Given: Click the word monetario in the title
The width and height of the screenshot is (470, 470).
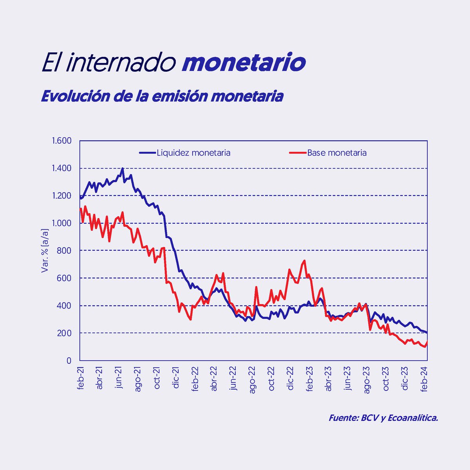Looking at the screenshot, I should [x=244, y=63].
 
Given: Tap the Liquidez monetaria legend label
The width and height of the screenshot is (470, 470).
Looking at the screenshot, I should [x=193, y=153].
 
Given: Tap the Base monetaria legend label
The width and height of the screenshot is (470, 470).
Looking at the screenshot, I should [x=337, y=153].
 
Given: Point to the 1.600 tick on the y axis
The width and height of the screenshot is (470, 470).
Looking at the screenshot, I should [x=61, y=141].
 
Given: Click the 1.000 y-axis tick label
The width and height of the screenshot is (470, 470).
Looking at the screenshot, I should [x=61, y=223].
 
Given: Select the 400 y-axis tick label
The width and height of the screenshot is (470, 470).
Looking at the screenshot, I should [x=65, y=305].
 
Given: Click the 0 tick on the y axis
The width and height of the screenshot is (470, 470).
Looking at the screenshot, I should [x=69, y=361].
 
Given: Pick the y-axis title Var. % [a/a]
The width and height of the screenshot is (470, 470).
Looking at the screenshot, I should [x=45, y=251].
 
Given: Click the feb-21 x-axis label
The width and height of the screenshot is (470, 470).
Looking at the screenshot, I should [x=81, y=378].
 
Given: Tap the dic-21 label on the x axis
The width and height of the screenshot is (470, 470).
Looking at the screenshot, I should [x=176, y=378].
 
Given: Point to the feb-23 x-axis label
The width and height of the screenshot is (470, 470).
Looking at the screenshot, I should [x=309, y=378].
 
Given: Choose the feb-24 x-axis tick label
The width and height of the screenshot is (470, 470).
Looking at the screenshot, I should [x=424, y=378].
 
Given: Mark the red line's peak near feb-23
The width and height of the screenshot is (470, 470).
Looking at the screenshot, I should [x=304, y=260].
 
